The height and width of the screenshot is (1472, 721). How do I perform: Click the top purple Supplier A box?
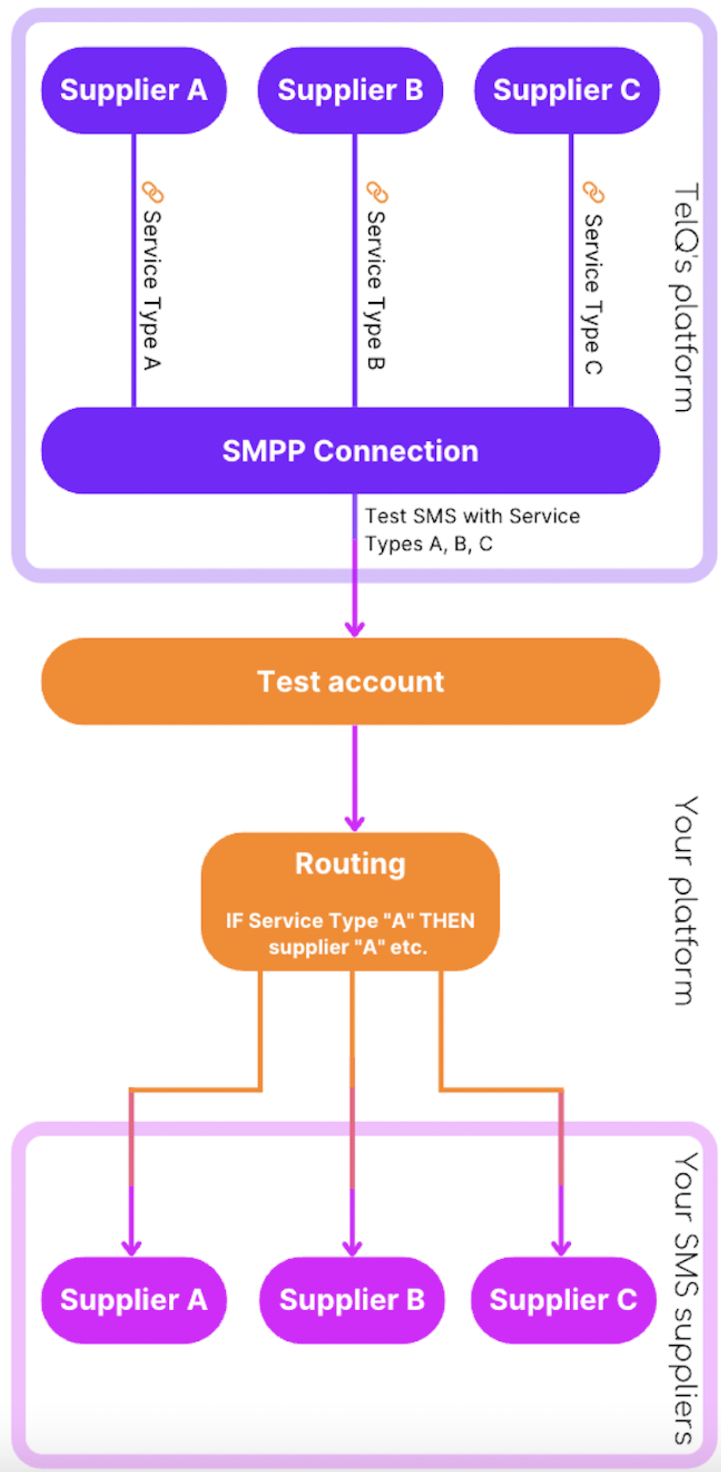[133, 90]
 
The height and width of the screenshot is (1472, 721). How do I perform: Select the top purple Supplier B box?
[350, 90]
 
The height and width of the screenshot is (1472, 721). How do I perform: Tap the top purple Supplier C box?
[566, 90]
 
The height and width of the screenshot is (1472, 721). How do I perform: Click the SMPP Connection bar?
[350, 451]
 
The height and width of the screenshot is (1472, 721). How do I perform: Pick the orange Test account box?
[350, 681]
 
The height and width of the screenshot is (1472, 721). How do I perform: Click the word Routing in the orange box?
[350, 864]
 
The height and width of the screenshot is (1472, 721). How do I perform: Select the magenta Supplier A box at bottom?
[133, 1300]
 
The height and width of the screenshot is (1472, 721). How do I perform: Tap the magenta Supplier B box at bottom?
[352, 1300]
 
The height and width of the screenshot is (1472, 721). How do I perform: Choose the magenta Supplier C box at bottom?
[563, 1300]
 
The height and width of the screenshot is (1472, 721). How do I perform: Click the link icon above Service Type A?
[153, 192]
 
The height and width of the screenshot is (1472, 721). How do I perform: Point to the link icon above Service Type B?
[377, 192]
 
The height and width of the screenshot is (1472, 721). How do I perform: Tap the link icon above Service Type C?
[593, 192]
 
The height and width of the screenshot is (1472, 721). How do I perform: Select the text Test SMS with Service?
[472, 516]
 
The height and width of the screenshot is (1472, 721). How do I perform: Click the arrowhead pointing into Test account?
[354, 628]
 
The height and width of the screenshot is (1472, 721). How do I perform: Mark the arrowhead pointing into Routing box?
[354, 822]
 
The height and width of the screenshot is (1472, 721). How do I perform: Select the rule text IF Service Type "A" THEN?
[350, 921]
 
